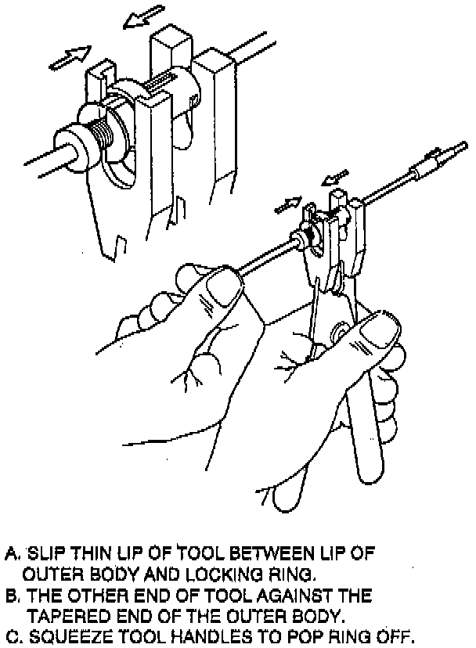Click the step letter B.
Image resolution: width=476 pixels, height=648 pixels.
[x=9, y=596]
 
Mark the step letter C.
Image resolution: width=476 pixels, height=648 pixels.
[x=9, y=635]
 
